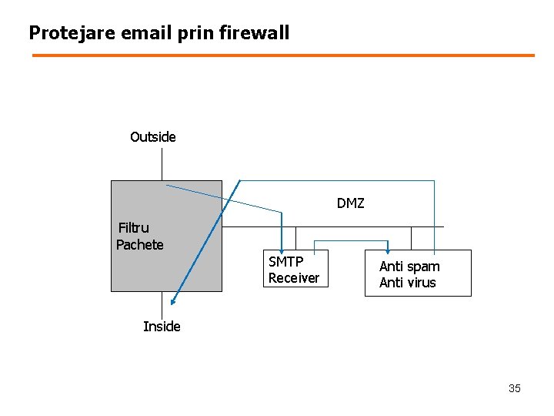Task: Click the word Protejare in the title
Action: point(66,33)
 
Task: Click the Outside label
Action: point(152,137)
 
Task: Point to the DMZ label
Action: point(350,204)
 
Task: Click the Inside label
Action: point(162,327)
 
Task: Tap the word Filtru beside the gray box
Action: point(134,228)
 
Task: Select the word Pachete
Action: point(139,245)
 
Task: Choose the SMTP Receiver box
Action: point(294,270)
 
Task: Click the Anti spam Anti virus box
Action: point(418,273)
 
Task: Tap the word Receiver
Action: point(293,278)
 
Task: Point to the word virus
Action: point(422,283)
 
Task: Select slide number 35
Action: point(514,388)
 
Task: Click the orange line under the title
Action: point(283,55)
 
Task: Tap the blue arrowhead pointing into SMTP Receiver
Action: point(282,246)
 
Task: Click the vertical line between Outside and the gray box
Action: point(162,164)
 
